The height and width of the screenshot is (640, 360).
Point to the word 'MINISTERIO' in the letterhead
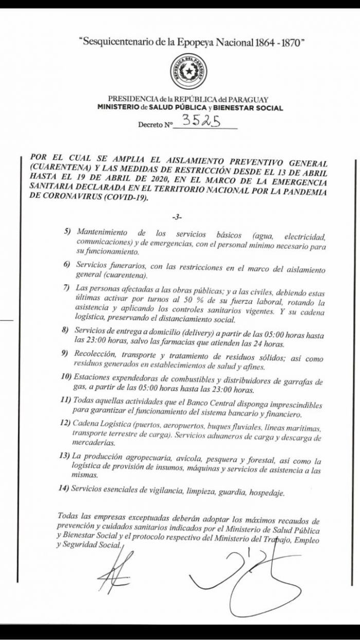118,108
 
